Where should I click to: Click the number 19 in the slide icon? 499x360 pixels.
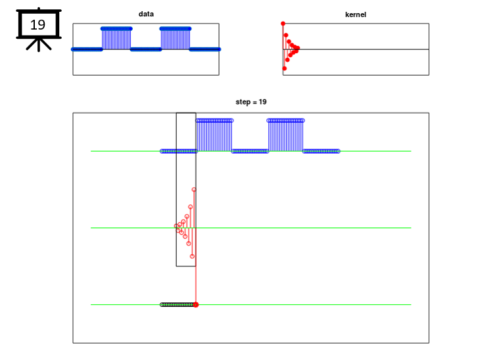37,25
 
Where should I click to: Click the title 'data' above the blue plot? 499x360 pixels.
146,14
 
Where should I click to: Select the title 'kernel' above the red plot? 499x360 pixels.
356,14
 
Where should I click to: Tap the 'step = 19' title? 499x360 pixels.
251,102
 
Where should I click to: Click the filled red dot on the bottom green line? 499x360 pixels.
196,305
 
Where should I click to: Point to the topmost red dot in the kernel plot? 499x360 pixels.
283,24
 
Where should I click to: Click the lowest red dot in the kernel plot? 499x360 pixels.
285,68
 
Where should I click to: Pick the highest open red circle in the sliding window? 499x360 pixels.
194,190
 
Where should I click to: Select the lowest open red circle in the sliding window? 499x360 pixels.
192,256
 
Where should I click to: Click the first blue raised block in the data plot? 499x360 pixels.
116,38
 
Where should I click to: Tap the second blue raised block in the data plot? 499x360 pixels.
176,38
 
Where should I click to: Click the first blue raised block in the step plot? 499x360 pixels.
214,135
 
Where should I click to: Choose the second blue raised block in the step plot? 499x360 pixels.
285,135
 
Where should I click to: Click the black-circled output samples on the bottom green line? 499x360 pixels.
178,305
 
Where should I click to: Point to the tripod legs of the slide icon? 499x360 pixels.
39,45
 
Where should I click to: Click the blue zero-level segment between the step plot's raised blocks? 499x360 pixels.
250,151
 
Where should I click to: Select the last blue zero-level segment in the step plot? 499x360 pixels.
321,151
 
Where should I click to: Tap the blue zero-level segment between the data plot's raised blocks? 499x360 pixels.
146,49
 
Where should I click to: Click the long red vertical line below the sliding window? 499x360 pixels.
196,284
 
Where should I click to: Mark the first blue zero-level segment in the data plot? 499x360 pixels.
87,49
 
